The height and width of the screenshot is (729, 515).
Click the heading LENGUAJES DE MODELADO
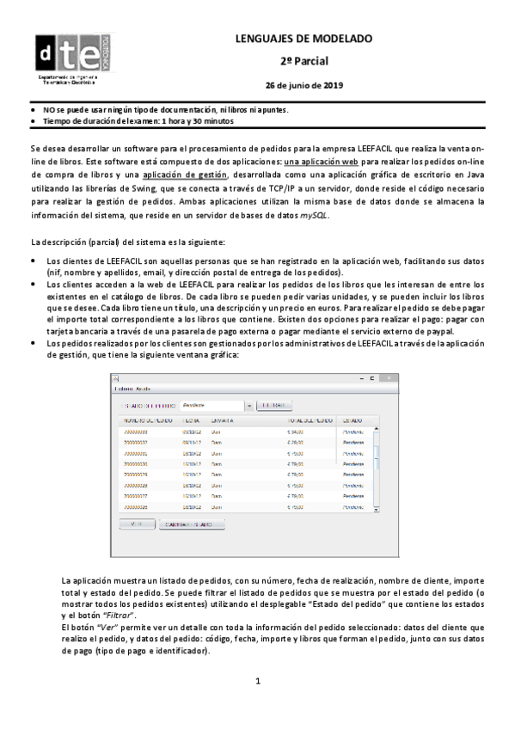coord(303,40)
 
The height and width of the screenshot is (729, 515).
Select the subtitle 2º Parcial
coord(303,62)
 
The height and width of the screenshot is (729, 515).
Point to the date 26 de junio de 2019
coord(303,85)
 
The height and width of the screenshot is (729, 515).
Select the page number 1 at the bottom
coord(257,706)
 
